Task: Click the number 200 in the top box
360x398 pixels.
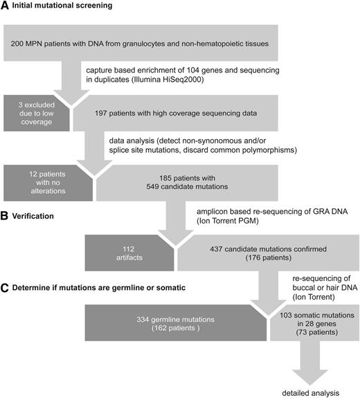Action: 20,44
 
